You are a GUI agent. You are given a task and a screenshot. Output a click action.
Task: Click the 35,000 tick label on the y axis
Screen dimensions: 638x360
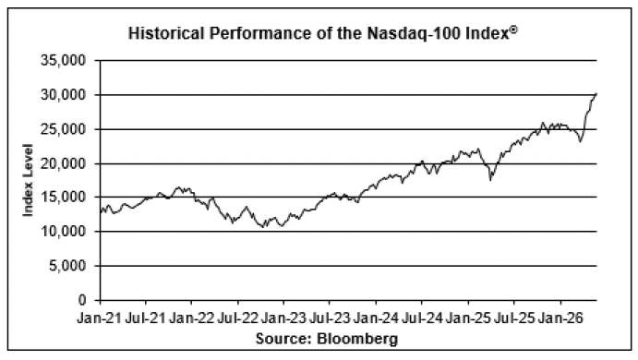click(x=64, y=61)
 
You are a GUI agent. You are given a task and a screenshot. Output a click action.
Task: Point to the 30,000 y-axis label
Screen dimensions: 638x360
click(x=64, y=95)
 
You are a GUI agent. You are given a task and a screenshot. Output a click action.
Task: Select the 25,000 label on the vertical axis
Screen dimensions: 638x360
click(x=64, y=129)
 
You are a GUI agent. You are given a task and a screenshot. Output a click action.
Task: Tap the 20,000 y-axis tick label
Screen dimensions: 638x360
click(x=64, y=163)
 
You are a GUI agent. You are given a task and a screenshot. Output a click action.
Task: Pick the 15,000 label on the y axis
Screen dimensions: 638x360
click(x=64, y=198)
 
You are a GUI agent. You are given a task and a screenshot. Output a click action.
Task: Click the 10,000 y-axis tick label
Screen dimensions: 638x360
click(x=64, y=232)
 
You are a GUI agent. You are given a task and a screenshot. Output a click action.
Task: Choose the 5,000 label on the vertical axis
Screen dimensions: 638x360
click(x=67, y=266)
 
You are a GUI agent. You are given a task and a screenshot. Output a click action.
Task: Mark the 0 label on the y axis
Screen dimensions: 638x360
click(x=82, y=300)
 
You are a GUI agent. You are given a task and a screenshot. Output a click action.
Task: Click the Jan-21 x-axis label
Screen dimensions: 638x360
click(x=100, y=318)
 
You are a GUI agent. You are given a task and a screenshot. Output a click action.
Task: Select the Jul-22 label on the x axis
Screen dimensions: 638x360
click(x=237, y=318)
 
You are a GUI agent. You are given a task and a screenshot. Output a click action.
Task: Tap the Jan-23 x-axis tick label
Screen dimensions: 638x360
click(x=283, y=318)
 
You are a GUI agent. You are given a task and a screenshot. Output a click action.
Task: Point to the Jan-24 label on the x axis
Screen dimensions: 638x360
click(x=376, y=318)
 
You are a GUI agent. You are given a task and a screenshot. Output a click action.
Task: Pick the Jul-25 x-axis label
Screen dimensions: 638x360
click(x=514, y=318)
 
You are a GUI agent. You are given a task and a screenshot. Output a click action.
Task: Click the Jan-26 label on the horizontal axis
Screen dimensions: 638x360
click(x=560, y=318)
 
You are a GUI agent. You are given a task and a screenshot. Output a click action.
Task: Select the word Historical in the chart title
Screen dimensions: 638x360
click(x=165, y=33)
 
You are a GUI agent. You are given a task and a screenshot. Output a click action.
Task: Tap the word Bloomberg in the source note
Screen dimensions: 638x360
click(x=357, y=339)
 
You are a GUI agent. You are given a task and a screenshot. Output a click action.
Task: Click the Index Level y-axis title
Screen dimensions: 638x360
click(x=28, y=180)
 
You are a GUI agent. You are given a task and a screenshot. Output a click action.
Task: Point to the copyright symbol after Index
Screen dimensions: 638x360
click(x=513, y=30)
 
